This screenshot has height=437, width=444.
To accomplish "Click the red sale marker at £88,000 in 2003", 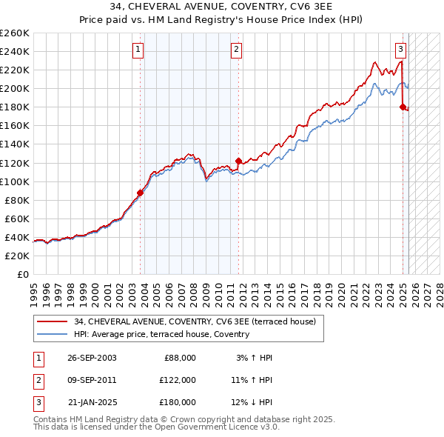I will coord(140,193).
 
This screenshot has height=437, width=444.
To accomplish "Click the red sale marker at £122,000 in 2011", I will coord(238,161).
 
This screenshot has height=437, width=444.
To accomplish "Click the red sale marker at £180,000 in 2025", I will coord(403,107).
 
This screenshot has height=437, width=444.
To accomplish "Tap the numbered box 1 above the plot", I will coord(138,50).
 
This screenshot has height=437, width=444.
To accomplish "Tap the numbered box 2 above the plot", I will coord(236,50).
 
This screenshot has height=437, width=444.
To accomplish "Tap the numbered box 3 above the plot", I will coord(400,50).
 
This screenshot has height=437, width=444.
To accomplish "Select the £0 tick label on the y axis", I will coord(22,274).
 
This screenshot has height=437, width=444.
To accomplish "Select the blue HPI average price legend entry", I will coord(161,334).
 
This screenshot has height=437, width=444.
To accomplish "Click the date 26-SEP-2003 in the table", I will coord(92,358).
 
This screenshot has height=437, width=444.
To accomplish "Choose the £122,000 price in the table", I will coord(178,380).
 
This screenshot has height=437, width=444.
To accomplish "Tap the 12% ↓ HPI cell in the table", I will coord(252,402).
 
